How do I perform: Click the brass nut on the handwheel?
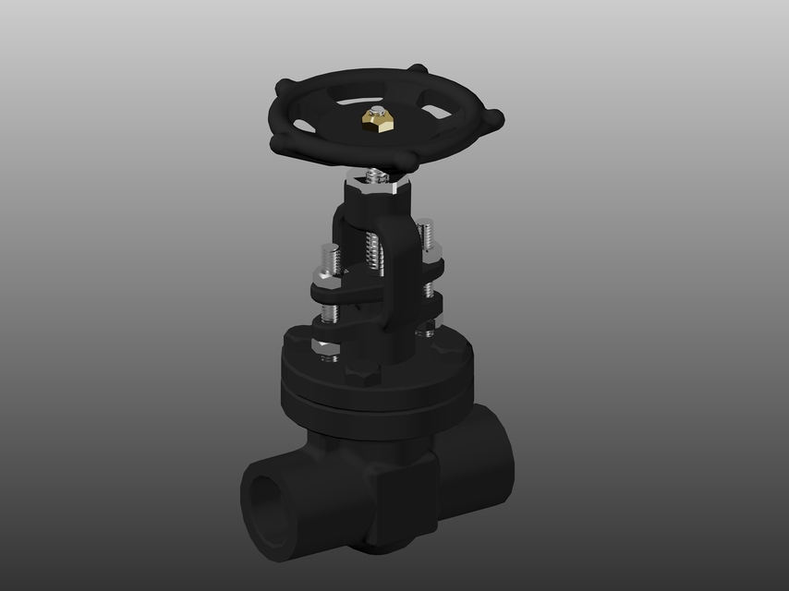pyautogui.click(x=375, y=119)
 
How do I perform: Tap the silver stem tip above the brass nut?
pyautogui.click(x=375, y=108)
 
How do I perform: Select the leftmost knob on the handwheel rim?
pyautogui.click(x=277, y=140)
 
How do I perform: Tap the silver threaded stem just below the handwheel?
pyautogui.click(x=375, y=174)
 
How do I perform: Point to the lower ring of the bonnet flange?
pyautogui.click(x=379, y=402)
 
